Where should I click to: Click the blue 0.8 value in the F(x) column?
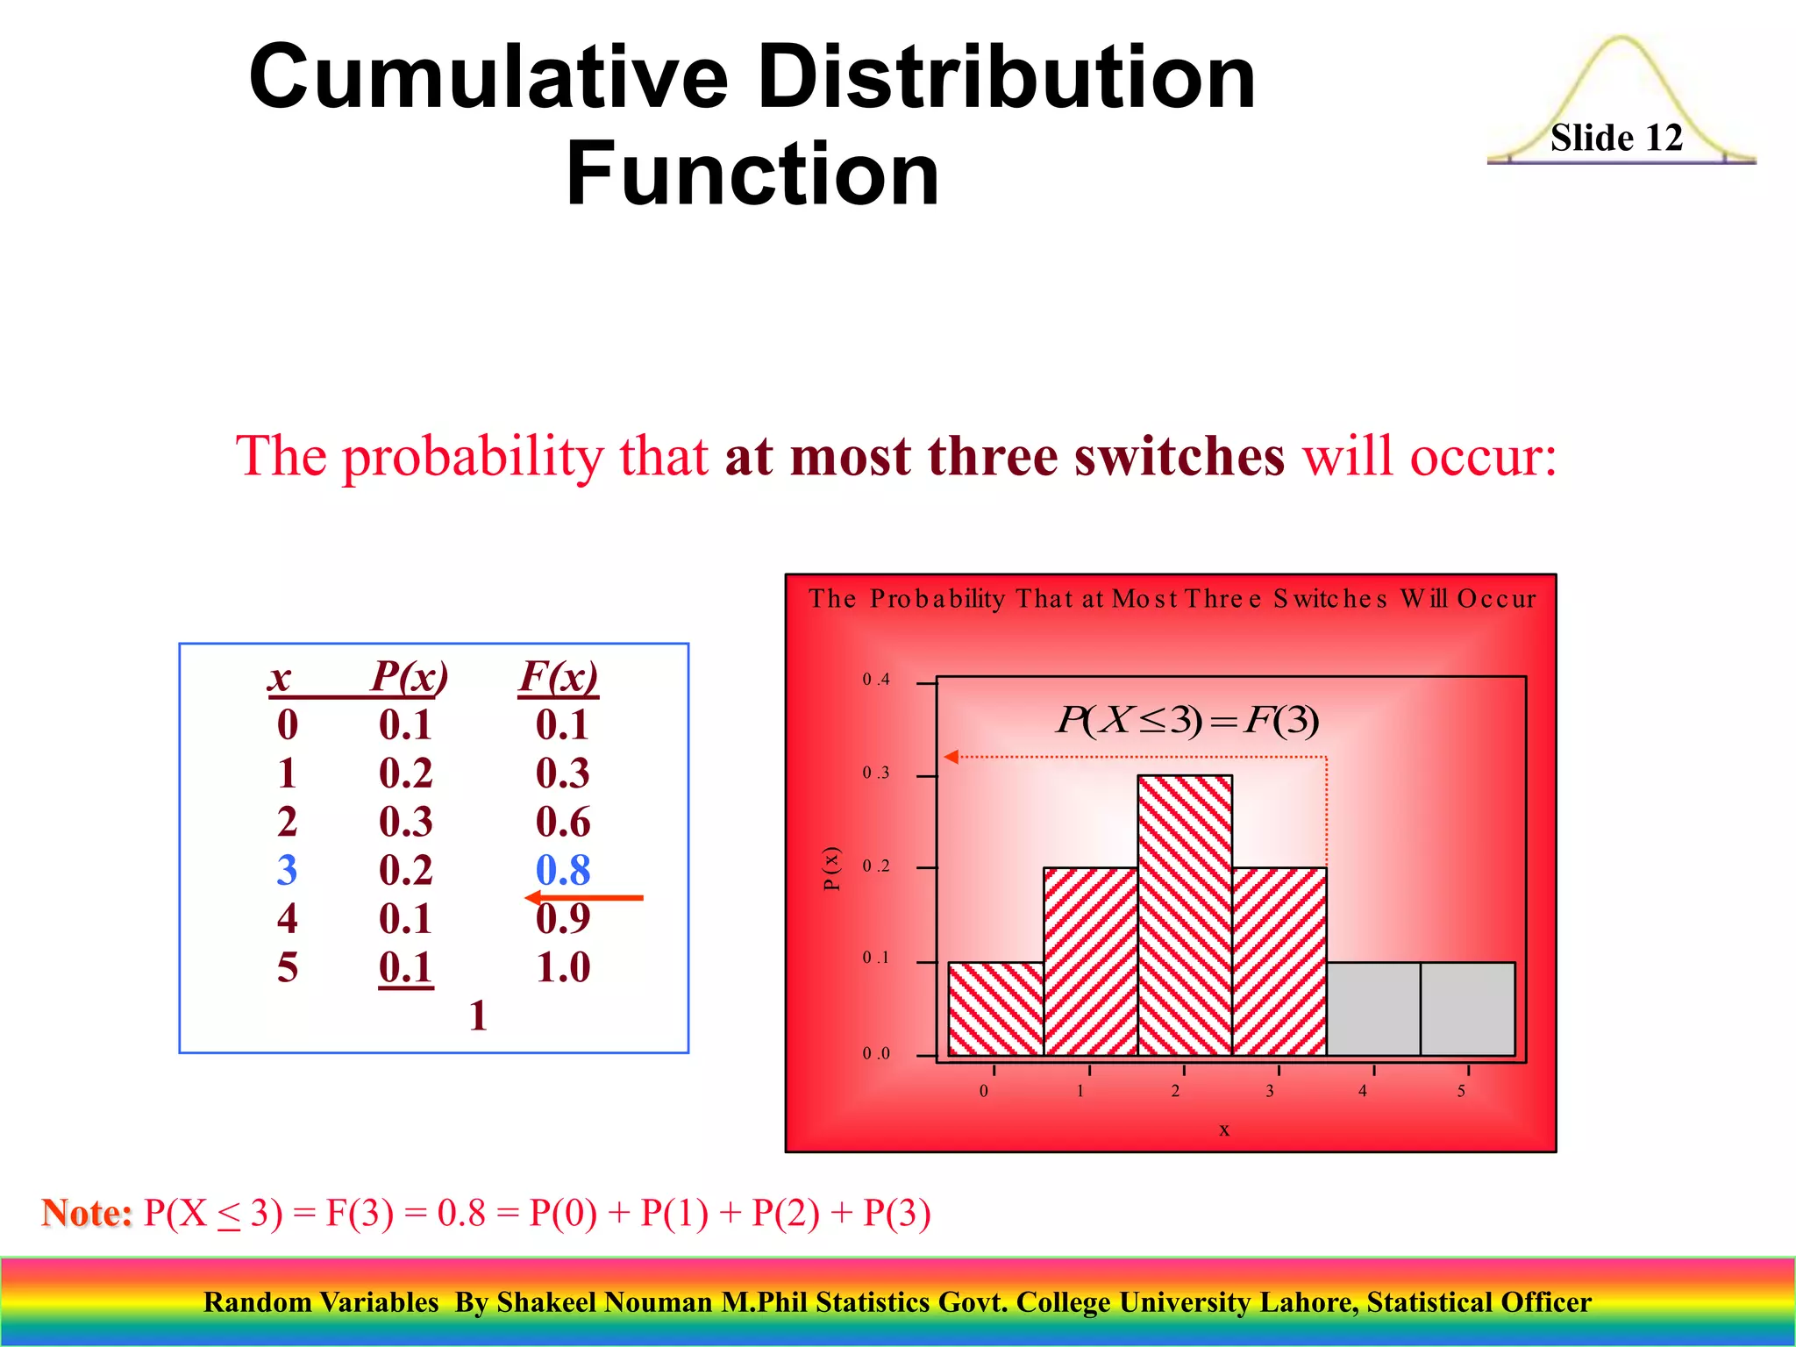(562, 870)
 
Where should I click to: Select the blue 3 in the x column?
(287, 870)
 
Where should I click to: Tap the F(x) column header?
(559, 676)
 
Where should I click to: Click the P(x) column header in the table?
(409, 676)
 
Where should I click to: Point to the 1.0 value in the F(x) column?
(562, 967)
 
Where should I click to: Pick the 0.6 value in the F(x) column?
(562, 822)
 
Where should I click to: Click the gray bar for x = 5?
(1467, 1008)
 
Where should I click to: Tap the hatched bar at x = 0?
(995, 1008)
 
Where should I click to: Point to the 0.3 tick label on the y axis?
(875, 773)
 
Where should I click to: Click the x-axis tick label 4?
(1362, 1091)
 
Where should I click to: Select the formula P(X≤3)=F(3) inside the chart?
(1187, 720)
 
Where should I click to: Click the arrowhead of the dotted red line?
(951, 757)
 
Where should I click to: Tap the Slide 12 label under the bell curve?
(1615, 138)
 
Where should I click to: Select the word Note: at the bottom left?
(87, 1213)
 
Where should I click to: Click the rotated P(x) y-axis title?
(831, 868)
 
